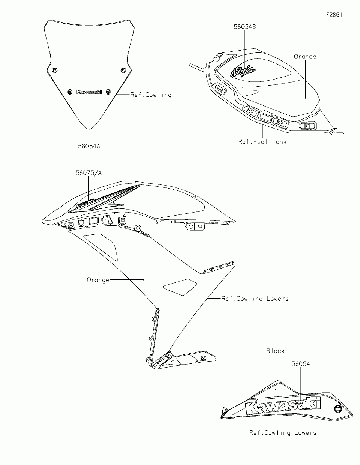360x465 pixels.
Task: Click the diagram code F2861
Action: click(x=334, y=15)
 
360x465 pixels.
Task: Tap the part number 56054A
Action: click(x=89, y=146)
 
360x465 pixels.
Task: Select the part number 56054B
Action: click(x=245, y=27)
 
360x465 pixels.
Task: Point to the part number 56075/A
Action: click(x=88, y=173)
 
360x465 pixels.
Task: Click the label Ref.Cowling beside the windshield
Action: click(x=151, y=95)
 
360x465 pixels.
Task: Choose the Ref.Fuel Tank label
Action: click(x=262, y=141)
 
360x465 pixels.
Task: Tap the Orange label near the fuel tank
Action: click(x=305, y=57)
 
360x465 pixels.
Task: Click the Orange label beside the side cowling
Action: click(x=98, y=280)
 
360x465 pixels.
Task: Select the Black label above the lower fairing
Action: click(x=276, y=351)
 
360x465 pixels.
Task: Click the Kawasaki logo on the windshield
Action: click(x=89, y=92)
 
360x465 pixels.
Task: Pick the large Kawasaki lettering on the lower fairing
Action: click(x=283, y=406)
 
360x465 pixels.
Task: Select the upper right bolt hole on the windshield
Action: click(x=123, y=70)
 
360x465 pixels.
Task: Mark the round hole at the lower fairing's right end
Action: click(x=339, y=408)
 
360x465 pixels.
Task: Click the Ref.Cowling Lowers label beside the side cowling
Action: click(x=255, y=298)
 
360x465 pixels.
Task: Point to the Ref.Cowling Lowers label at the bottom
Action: click(x=283, y=432)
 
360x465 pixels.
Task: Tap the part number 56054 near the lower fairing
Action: click(x=301, y=363)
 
